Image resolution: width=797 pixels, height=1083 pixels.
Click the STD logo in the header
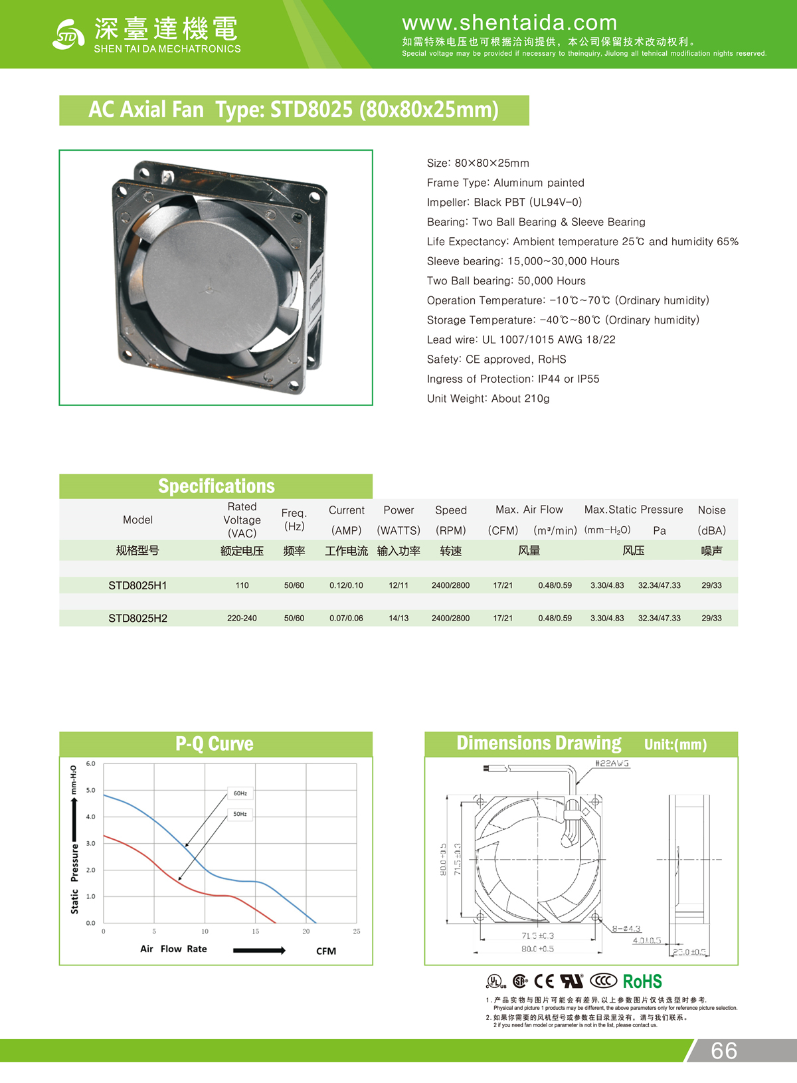coord(68,35)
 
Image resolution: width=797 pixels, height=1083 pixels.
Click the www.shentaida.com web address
coord(509,23)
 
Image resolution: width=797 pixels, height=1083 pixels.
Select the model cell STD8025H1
coord(137,585)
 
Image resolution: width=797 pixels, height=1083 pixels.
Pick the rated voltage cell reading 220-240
coord(242,618)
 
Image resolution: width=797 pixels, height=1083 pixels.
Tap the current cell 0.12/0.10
coord(346,585)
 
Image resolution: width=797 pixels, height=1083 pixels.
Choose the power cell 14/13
coord(398,618)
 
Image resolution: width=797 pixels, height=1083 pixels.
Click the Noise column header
coord(711,510)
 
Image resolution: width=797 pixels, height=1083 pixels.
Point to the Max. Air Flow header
coord(529,510)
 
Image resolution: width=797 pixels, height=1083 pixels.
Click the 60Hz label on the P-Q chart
coord(240,793)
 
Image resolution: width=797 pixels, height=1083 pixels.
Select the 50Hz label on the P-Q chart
coord(240,814)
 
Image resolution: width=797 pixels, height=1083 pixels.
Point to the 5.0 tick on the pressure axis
coord(90,790)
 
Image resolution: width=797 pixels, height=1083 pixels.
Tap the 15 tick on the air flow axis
coord(255,932)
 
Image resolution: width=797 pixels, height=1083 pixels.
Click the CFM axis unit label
coord(326,951)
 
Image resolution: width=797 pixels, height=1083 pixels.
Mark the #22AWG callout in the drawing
coord(612,763)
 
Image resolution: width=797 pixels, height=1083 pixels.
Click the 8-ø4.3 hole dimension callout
coord(626,929)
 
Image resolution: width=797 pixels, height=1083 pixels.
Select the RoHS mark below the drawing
coord(642,981)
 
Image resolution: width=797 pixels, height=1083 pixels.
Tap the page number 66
coord(723,1050)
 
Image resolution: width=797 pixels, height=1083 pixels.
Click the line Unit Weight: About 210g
coord(488,399)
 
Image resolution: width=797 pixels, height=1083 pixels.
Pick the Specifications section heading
coord(216,486)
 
